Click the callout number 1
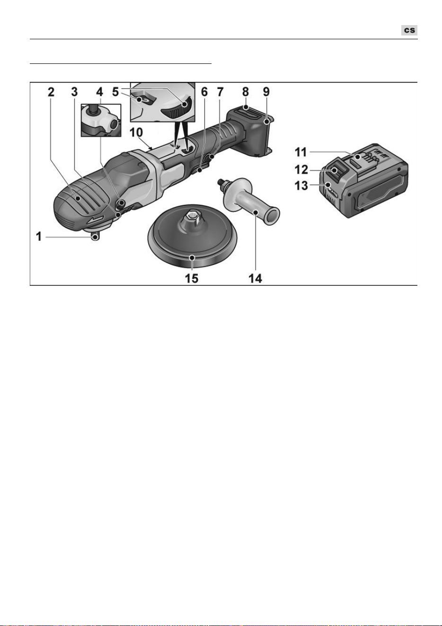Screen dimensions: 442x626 tap(39, 237)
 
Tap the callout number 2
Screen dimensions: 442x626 tap(51, 92)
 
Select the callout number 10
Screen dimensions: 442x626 tap(136, 132)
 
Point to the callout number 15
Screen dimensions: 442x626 tap(192, 278)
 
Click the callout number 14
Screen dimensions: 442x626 tap(256, 278)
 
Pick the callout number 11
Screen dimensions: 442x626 tap(301, 152)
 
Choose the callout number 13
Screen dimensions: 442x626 tap(301, 185)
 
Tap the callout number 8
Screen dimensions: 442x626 tap(246, 92)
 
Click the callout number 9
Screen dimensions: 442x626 tap(266, 92)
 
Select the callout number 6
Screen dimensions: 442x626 tap(204, 92)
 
